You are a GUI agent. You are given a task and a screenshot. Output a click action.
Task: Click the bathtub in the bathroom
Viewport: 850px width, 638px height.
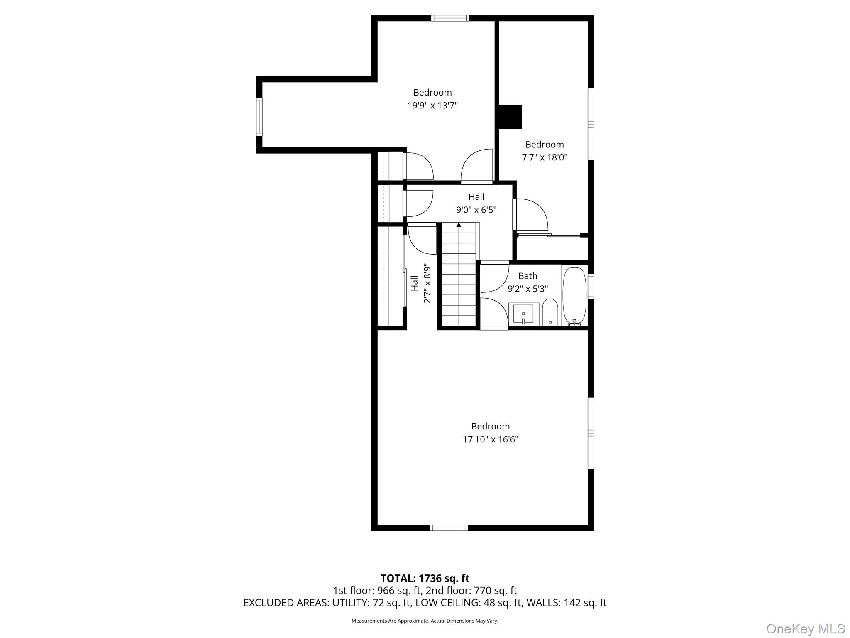coord(574,295)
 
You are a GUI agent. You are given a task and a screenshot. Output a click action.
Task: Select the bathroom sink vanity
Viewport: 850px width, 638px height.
coord(523,314)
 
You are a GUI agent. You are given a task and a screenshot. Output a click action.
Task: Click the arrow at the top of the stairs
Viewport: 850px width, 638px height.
coord(459,225)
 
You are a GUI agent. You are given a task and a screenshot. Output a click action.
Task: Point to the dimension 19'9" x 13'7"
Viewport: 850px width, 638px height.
coord(432,106)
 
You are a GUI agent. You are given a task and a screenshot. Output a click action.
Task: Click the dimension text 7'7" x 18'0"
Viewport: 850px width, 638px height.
coord(544,157)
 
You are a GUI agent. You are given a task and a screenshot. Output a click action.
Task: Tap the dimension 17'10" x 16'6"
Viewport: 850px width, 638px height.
coord(490,439)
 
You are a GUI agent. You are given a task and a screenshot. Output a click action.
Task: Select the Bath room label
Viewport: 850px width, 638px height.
coord(528,276)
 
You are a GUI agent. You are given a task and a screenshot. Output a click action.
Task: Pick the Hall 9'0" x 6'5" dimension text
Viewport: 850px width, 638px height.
coord(476,210)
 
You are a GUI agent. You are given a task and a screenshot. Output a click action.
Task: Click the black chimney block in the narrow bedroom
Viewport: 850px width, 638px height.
coord(510,117)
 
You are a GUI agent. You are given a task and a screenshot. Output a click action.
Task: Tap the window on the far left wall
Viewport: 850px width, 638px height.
coord(259,116)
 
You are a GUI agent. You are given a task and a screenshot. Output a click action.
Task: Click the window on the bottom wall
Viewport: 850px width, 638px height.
coord(449,528)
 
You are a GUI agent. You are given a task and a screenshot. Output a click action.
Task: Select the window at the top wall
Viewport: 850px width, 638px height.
coord(450,18)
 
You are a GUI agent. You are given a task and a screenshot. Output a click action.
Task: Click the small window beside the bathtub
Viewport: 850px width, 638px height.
coord(591,286)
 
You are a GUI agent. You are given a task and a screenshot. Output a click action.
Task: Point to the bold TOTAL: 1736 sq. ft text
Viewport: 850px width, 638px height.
coord(425,578)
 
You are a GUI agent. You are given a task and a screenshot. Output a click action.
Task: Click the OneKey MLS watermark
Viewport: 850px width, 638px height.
coord(805,629)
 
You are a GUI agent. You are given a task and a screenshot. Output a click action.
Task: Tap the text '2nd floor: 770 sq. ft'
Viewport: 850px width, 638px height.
coord(471,590)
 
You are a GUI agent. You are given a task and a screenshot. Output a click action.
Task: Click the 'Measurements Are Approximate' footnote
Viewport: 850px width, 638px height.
coord(425,621)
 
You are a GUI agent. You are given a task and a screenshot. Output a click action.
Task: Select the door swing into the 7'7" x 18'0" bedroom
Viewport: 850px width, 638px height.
coord(531,214)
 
